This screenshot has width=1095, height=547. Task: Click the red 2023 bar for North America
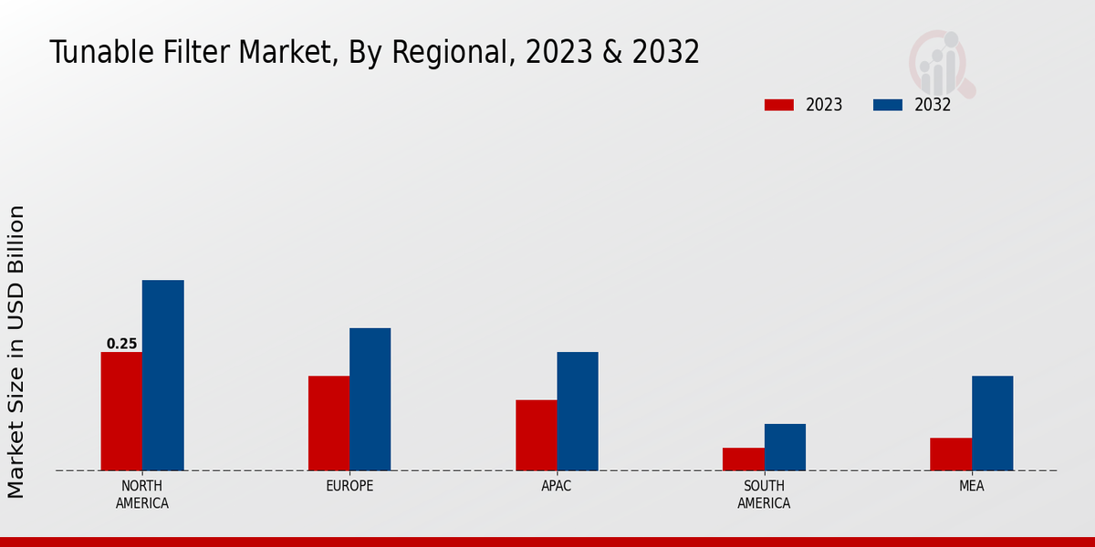[x=121, y=411]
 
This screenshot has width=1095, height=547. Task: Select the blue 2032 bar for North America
[x=162, y=375]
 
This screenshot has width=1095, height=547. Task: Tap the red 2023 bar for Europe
[x=328, y=423]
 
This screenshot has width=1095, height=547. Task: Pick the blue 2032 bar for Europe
[x=370, y=399]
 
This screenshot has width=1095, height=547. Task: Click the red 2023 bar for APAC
[x=536, y=435]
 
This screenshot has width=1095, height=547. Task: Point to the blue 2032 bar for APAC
[x=578, y=411]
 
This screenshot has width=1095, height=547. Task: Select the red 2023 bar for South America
[x=743, y=459]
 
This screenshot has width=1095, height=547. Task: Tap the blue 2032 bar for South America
[x=785, y=447]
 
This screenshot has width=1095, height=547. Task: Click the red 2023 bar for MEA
[x=951, y=454]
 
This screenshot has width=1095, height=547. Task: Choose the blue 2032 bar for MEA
[x=992, y=423]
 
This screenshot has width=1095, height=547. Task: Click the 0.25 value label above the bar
[x=121, y=344]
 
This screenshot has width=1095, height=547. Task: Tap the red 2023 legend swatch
[x=779, y=105]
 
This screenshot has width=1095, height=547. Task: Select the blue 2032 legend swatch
[x=888, y=105]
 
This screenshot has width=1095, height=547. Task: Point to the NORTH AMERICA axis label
[x=142, y=494]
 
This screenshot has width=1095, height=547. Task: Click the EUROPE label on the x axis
[x=349, y=486]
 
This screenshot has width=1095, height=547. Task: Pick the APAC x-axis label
[x=557, y=486]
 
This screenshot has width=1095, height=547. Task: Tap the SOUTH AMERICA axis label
[x=764, y=494]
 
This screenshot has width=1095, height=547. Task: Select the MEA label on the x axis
[x=971, y=486]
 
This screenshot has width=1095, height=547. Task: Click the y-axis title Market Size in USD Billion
[x=16, y=351]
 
